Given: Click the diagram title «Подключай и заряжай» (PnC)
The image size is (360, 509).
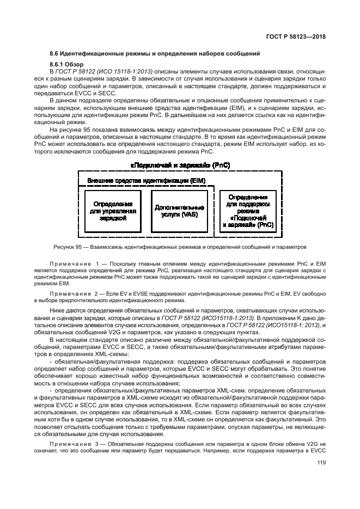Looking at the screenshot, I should pos(180,164).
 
